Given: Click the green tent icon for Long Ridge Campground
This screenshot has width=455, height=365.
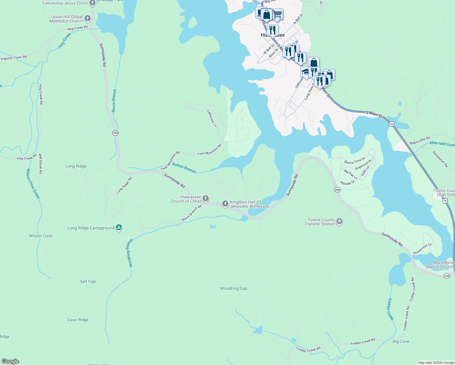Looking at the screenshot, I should pyautogui.click(x=119, y=228).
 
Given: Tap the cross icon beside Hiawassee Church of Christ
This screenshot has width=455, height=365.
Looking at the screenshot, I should pyautogui.click(x=206, y=199).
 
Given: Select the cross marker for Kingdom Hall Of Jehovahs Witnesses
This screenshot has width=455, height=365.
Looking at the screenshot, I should pyautogui.click(x=225, y=203).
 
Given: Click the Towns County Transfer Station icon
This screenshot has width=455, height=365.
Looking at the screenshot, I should pyautogui.click(x=339, y=221).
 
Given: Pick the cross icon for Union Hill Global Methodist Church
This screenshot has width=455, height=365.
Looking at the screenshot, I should pyautogui.click(x=88, y=19).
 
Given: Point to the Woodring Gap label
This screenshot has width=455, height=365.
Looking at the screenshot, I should pyautogui.click(x=234, y=288).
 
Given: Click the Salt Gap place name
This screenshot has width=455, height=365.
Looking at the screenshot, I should pyautogui.click(x=88, y=281).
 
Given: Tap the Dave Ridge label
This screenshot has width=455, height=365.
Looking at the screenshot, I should pyautogui.click(x=78, y=320).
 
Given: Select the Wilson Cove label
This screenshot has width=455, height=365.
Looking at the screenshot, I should pyautogui.click(x=40, y=236).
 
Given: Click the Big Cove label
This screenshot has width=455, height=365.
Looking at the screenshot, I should pyautogui.click(x=401, y=341).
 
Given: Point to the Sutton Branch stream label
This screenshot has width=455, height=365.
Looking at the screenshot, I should pyautogui.click(x=184, y=168).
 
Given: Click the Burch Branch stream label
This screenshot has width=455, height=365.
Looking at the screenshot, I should pyautogui.click(x=114, y=101).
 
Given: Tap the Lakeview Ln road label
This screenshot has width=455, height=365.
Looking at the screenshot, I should pyautogui.click(x=212, y=119).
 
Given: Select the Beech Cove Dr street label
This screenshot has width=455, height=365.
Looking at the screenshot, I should pyautogui.click(x=355, y=160).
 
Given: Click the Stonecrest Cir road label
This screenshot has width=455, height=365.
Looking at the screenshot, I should pyautogui.click(x=422, y=249).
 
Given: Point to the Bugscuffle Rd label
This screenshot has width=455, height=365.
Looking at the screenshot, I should pyautogui.click(x=420, y=141).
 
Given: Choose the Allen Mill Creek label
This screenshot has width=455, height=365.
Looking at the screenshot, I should pyautogui.click(x=442, y=144).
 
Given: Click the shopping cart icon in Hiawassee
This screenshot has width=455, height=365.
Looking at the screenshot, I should pyautogui.click(x=277, y=14).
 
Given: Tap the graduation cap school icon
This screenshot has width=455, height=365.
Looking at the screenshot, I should pyautogui.click(x=305, y=72).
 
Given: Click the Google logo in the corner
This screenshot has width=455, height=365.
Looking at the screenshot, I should pyautogui.click(x=10, y=361).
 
